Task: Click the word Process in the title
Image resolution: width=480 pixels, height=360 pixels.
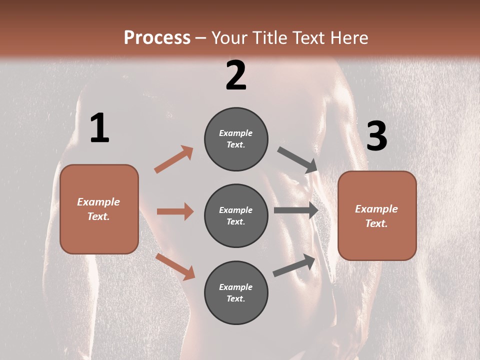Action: pyautogui.click(x=157, y=37)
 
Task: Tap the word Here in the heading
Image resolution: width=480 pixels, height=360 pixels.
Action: pyautogui.click(x=348, y=38)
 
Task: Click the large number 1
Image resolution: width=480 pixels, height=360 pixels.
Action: pyautogui.click(x=99, y=128)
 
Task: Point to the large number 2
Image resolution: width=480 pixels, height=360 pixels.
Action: pyautogui.click(x=236, y=75)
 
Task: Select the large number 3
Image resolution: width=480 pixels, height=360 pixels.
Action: pyautogui.click(x=376, y=136)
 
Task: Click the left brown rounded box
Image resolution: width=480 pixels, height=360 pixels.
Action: pyautogui.click(x=99, y=209)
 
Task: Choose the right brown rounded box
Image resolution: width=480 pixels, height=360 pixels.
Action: pyautogui.click(x=377, y=216)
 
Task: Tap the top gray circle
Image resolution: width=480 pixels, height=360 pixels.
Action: pyautogui.click(x=236, y=139)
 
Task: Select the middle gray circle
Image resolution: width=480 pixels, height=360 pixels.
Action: pyautogui.click(x=236, y=215)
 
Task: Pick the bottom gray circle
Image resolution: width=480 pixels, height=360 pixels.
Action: pyautogui.click(x=236, y=292)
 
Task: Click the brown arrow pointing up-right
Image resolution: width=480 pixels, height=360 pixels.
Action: pyautogui.click(x=174, y=159)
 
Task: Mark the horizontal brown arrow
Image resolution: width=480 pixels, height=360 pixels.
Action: pyautogui.click(x=175, y=211)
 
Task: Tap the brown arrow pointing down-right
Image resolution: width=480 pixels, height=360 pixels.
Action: pyautogui.click(x=175, y=266)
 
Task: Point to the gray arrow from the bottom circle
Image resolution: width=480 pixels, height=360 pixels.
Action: pyautogui.click(x=294, y=265)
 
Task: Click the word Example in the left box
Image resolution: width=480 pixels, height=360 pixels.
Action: pyautogui.click(x=98, y=202)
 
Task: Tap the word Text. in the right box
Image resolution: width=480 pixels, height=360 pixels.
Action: pyautogui.click(x=376, y=223)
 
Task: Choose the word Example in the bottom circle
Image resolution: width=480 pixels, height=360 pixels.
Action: pyautogui.click(x=236, y=287)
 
